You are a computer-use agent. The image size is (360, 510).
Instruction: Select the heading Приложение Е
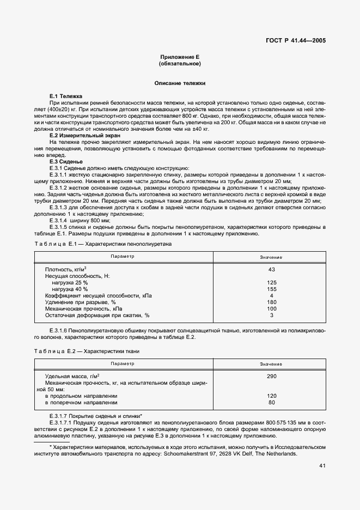[x=180, y=57]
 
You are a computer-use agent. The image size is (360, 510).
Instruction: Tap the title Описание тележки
[x=180, y=83]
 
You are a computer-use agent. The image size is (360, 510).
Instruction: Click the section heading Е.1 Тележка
[x=65, y=96]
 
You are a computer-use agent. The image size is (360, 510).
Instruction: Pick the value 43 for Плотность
[x=271, y=270]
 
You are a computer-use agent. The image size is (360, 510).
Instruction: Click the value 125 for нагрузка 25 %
[x=271, y=283]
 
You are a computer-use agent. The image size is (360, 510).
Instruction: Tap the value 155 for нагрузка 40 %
[x=271, y=289]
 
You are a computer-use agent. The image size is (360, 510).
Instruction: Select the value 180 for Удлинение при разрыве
[x=271, y=302]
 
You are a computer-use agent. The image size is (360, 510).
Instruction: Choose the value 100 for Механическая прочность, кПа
[x=271, y=308]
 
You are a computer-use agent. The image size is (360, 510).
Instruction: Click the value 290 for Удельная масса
[x=271, y=377]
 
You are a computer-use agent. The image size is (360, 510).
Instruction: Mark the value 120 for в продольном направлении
[x=271, y=396]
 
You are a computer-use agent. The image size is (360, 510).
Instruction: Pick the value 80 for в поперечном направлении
[x=271, y=403]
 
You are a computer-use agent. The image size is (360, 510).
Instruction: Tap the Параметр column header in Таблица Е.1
[x=121, y=256]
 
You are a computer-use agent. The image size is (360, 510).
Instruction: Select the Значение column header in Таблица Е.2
[x=271, y=363]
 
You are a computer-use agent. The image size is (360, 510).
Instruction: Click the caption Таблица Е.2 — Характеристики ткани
[x=87, y=351]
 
